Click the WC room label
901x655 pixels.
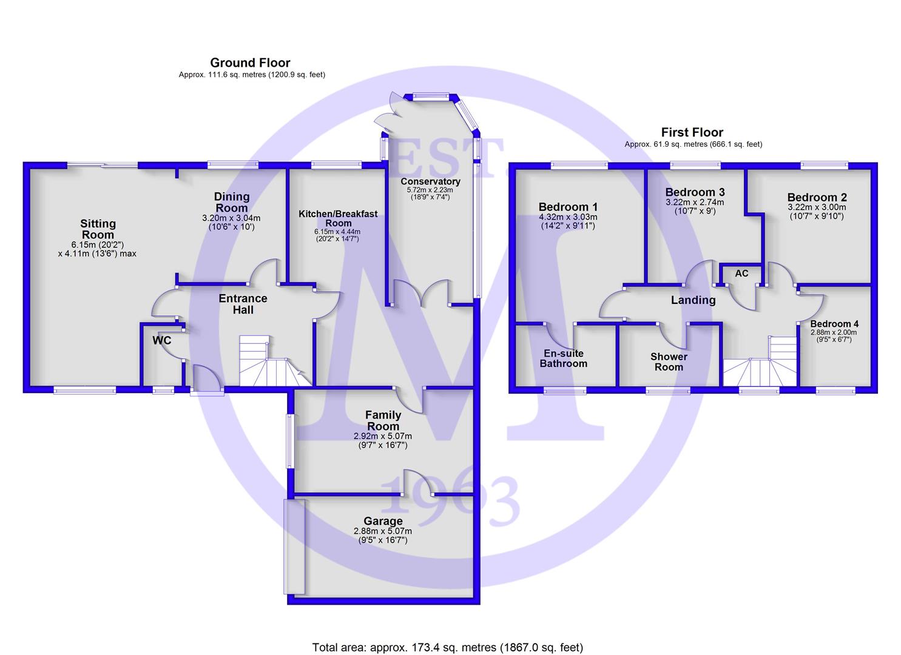162,340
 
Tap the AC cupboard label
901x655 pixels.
741,274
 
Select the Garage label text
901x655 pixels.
383,521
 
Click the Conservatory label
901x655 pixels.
430,181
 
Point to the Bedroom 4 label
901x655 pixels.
834,324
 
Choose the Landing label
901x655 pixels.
693,300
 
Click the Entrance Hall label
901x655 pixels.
243,304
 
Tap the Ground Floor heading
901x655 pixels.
250,63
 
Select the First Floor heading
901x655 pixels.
692,132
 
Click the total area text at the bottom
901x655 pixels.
447,647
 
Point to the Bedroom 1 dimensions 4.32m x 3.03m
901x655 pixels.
568,217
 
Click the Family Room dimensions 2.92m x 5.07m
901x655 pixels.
383,436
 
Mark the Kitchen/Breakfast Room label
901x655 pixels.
338,218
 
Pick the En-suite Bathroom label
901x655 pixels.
564,358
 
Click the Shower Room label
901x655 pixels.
669,361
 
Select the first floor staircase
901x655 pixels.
764,363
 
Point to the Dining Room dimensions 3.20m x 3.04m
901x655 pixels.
231,218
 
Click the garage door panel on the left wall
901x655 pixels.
295,546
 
